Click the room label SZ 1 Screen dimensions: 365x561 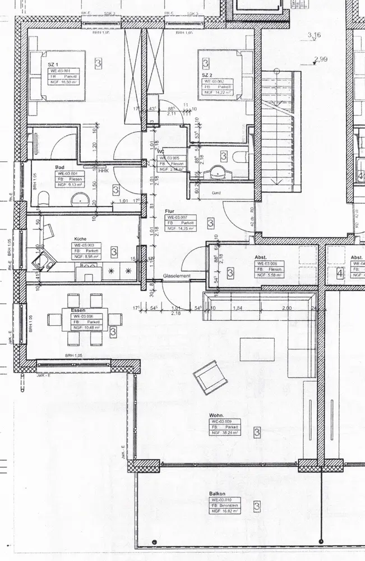coord(53,65)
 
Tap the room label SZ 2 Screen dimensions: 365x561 coord(207,75)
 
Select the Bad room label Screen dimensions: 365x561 coord(59,167)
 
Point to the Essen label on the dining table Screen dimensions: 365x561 coord(78,310)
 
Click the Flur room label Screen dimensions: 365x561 coord(171,211)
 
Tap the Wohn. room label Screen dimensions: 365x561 coord(217,415)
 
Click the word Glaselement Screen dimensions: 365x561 coord(177,277)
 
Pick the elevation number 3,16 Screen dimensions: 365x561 coord(314,35)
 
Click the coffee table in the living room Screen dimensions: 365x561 coord(257,350)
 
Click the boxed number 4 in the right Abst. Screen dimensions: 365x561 coord(339,274)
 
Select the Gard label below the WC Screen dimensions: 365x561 coord(215,193)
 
